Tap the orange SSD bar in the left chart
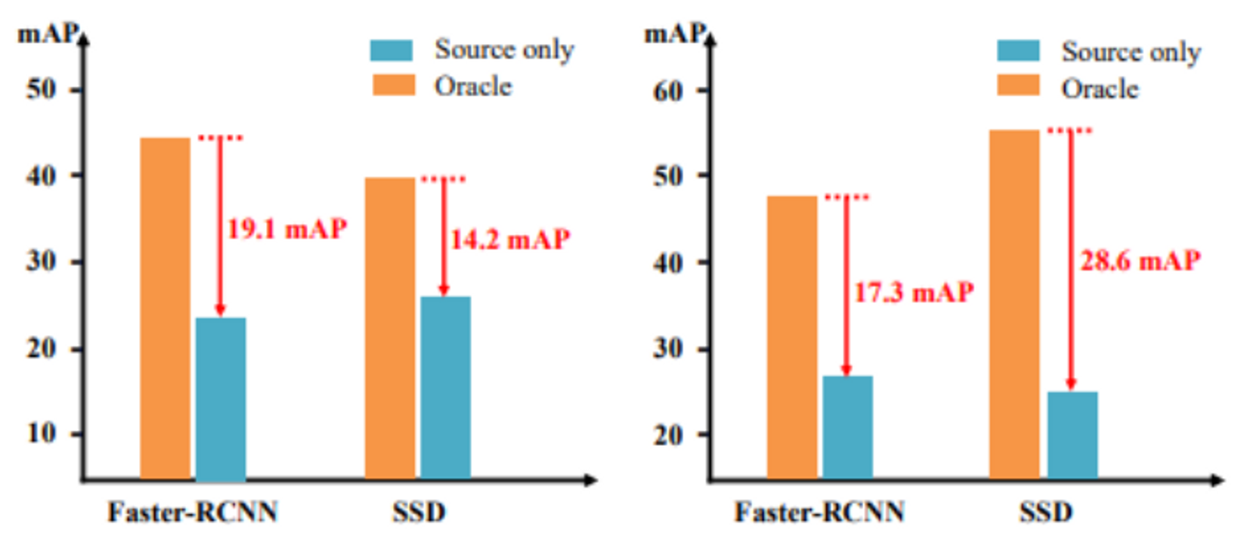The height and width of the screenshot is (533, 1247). click(x=390, y=328)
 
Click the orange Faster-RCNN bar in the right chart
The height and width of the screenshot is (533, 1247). click(x=791, y=337)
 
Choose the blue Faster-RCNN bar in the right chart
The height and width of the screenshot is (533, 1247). click(x=847, y=427)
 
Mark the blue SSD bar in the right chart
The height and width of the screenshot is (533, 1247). click(x=1072, y=435)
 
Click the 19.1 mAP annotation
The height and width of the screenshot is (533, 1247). click(x=287, y=228)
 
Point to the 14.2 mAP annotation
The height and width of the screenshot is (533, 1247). click(x=510, y=240)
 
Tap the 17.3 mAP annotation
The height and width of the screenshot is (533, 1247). click(x=914, y=292)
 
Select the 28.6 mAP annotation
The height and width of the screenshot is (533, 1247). click(x=1140, y=261)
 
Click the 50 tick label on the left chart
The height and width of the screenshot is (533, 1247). click(x=42, y=89)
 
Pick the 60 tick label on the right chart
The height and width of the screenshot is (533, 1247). click(x=668, y=91)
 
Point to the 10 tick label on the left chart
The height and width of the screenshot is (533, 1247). click(x=42, y=433)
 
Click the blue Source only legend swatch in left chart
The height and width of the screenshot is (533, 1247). click(x=391, y=51)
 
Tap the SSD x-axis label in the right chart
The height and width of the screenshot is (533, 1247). click(x=1045, y=513)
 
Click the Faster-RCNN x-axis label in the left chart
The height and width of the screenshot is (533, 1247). click(x=193, y=513)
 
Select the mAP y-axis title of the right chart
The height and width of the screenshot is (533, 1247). click(x=673, y=33)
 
